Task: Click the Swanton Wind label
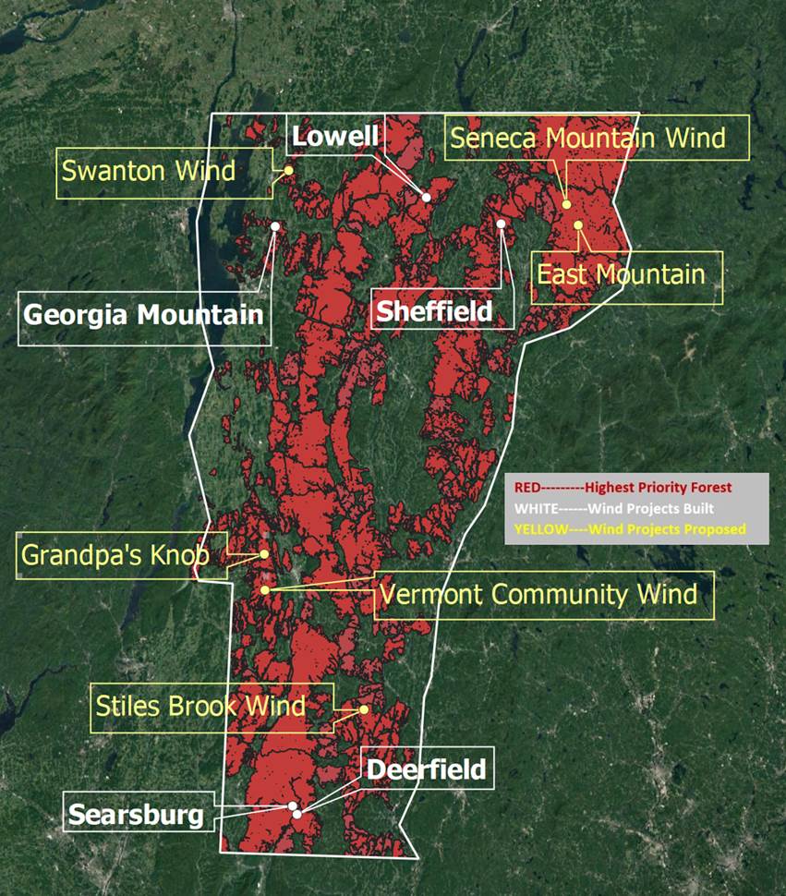[149, 171]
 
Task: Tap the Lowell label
[335, 138]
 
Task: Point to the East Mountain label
[622, 274]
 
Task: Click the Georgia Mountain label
[144, 314]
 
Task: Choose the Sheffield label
[444, 309]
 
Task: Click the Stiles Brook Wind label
[200, 708]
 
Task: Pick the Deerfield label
[426, 769]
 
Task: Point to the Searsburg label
[136, 815]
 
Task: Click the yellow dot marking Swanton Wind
[288, 170]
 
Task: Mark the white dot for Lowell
[426, 197]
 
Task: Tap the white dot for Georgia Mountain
[275, 225]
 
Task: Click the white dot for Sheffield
[501, 224]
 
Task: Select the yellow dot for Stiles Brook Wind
[364, 709]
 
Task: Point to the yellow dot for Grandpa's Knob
[264, 554]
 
